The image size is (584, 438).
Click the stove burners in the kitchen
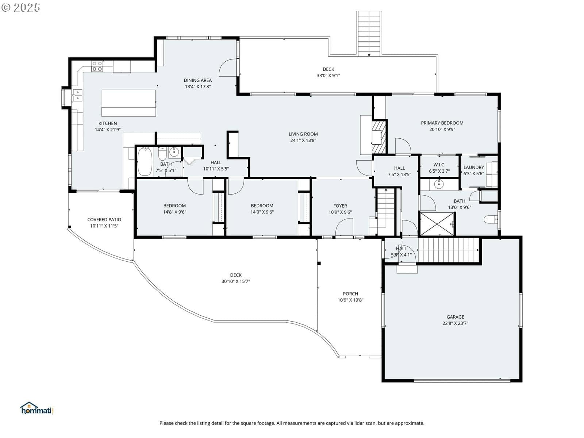click(x=97, y=66)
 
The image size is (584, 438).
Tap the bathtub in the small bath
click(x=145, y=161)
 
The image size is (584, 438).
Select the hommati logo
click(x=37, y=408)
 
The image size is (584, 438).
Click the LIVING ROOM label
click(x=303, y=134)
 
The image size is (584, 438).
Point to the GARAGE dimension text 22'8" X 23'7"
click(x=455, y=323)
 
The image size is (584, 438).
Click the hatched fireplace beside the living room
click(x=379, y=137)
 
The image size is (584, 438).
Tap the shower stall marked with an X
click(x=437, y=224)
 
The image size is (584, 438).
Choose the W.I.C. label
click(x=439, y=165)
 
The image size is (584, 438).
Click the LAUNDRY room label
click(x=473, y=167)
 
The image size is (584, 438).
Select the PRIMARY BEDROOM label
click(x=442, y=123)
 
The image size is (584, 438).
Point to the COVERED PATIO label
click(x=104, y=219)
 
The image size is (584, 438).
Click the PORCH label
click(x=350, y=293)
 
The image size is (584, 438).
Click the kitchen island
click(x=128, y=103)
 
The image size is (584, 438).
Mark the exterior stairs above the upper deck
click(x=369, y=34)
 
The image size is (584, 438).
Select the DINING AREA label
click(x=198, y=80)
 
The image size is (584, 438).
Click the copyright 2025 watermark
click(x=21, y=7)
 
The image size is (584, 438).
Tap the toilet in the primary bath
click(x=491, y=219)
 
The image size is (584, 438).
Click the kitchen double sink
click(x=78, y=96)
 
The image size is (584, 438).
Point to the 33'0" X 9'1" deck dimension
click(x=328, y=76)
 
